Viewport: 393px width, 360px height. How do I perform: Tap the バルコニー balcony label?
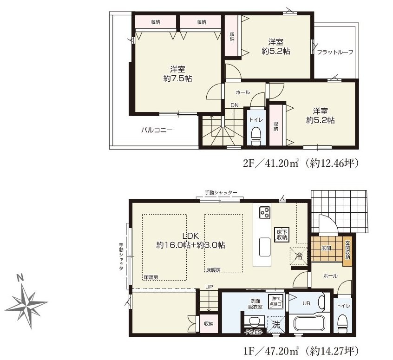157,130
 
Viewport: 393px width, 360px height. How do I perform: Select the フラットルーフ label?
335,52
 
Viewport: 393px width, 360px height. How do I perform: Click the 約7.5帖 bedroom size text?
178,79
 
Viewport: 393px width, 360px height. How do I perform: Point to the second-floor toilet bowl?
255,136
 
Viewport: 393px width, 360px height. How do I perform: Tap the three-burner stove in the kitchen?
265,213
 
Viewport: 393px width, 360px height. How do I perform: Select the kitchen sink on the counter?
265,247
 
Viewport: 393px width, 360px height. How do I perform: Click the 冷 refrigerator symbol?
299,256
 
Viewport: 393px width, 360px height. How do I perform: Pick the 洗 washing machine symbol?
276,325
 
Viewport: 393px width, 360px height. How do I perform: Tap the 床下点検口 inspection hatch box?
275,301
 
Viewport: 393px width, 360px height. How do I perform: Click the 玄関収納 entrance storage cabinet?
347,250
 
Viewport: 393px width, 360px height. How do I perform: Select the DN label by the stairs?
235,105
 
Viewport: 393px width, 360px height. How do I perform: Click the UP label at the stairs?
209,287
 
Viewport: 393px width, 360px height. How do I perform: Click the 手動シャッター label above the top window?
221,192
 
